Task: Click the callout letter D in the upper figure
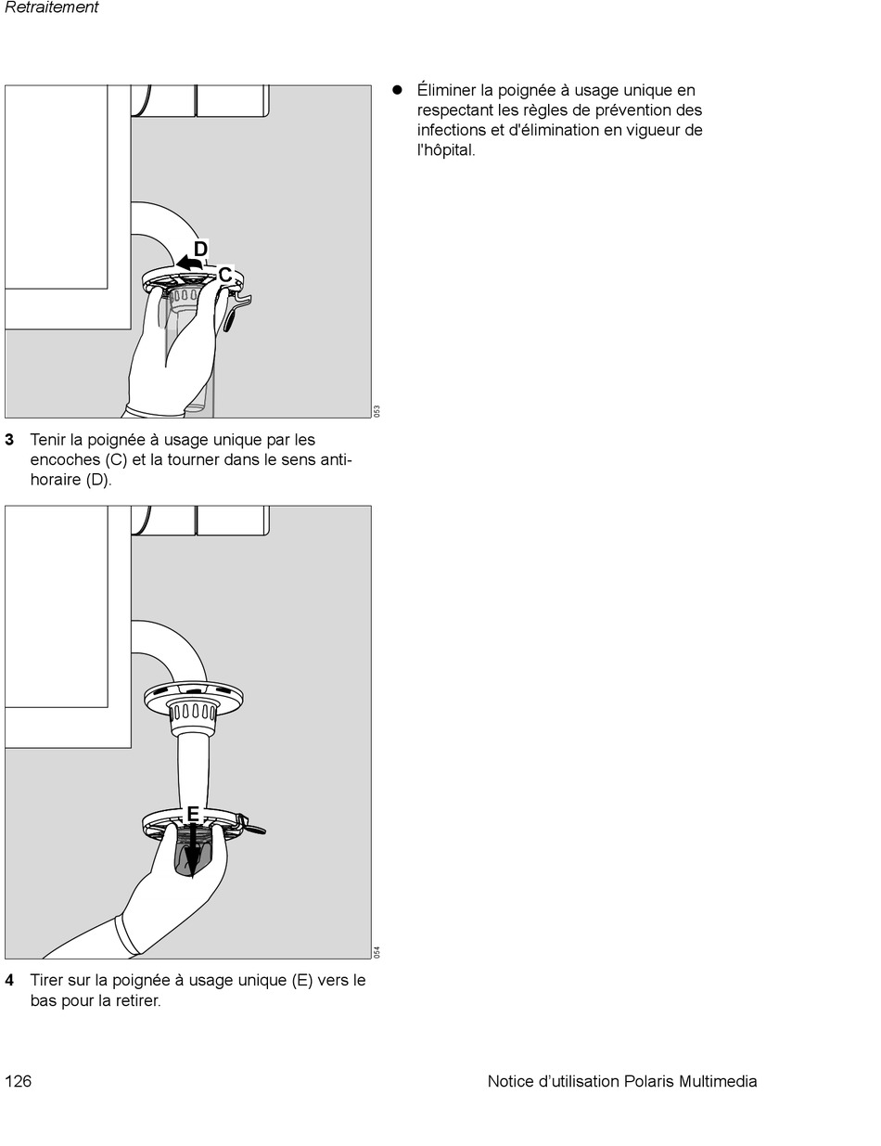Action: click(x=200, y=249)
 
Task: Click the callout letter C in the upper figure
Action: click(x=224, y=275)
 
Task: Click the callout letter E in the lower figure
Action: click(x=193, y=814)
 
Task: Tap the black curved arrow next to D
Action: click(x=189, y=265)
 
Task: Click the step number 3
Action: click(x=9, y=440)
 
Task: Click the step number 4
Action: click(x=9, y=980)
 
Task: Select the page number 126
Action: click(x=19, y=1081)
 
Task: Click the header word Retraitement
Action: click(x=52, y=7)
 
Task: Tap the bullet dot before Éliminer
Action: click(x=396, y=90)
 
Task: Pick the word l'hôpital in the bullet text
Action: click(x=446, y=150)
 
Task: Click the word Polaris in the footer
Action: click(x=648, y=1081)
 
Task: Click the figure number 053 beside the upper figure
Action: click(x=377, y=411)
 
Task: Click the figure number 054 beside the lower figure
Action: click(x=377, y=951)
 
